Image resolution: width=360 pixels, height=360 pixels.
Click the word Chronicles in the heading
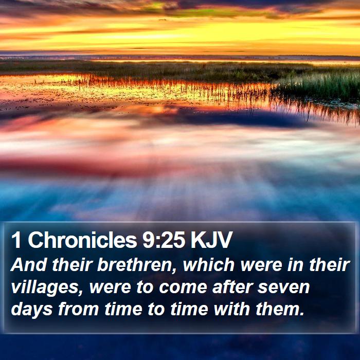tap(82, 240)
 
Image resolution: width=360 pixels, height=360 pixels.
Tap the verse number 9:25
tap(164, 240)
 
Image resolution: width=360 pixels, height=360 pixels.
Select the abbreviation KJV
tap(212, 240)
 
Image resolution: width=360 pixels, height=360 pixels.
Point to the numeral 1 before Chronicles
tap(16, 240)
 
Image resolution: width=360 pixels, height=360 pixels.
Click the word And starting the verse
tap(28, 265)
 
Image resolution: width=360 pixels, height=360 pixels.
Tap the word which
tap(208, 265)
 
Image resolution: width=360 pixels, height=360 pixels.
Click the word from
tap(78, 309)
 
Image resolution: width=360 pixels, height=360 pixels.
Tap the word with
tap(232, 309)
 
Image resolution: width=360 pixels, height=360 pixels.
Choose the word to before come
tap(145, 288)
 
